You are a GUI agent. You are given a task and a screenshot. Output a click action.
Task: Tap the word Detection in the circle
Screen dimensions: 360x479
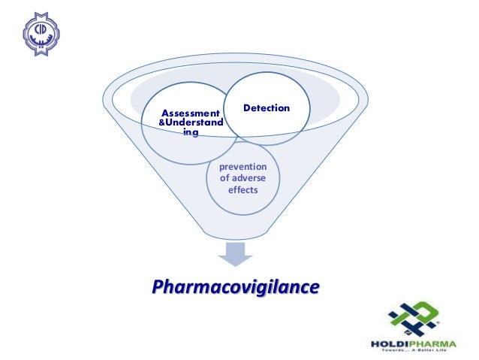267,108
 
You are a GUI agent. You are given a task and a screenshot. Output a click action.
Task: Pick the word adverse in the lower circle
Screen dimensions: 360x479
249,178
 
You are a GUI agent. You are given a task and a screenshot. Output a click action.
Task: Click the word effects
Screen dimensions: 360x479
243,190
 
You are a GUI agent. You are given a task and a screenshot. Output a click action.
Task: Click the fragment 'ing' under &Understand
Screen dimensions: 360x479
191,132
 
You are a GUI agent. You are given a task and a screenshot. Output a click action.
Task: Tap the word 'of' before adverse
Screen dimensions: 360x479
224,178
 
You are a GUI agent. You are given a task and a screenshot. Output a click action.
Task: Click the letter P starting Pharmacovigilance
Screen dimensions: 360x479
158,286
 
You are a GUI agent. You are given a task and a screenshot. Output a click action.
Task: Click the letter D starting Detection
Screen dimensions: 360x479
246,108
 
